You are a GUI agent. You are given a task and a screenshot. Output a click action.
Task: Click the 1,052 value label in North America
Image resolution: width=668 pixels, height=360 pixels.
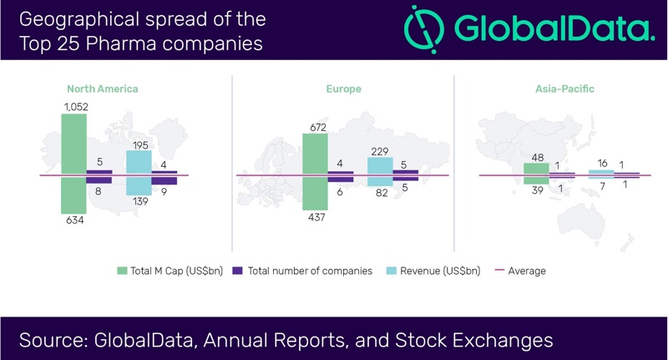click(74, 106)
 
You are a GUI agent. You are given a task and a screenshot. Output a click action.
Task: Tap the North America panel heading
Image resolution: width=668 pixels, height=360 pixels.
click(103, 88)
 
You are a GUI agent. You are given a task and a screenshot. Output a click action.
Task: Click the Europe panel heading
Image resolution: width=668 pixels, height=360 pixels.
click(342, 88)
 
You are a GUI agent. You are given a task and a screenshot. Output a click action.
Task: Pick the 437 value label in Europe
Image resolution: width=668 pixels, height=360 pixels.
click(314, 217)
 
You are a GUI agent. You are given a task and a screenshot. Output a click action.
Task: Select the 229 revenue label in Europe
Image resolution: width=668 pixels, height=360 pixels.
click(380, 150)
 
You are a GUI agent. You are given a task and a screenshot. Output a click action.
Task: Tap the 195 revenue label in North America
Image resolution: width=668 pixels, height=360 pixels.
click(138, 145)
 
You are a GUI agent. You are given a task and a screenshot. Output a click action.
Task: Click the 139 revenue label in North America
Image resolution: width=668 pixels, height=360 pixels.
click(139, 203)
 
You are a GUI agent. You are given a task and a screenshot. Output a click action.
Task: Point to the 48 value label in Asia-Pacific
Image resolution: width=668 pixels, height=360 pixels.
click(535, 157)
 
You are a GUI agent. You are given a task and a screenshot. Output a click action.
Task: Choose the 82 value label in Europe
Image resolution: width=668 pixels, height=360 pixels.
click(380, 193)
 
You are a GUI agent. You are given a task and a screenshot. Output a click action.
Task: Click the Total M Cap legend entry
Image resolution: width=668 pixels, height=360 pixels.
click(170, 271)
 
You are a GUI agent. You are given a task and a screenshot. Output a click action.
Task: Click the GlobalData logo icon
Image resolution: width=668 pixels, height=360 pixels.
click(423, 30)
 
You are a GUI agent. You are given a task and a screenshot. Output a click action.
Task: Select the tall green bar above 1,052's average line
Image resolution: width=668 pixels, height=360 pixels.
click(73, 145)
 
